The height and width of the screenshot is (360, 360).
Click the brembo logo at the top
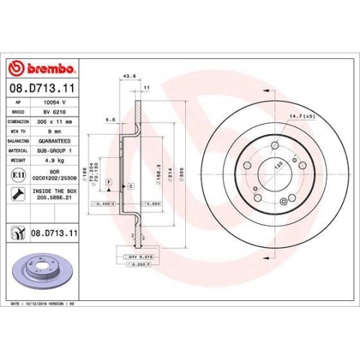coord(42,68)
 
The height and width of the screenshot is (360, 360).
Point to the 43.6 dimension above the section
coord(130,77)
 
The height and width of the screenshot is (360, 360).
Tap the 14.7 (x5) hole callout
coord(302,116)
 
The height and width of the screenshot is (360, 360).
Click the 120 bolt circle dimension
coord(276,165)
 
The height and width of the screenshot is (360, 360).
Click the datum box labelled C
coord(132,186)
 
